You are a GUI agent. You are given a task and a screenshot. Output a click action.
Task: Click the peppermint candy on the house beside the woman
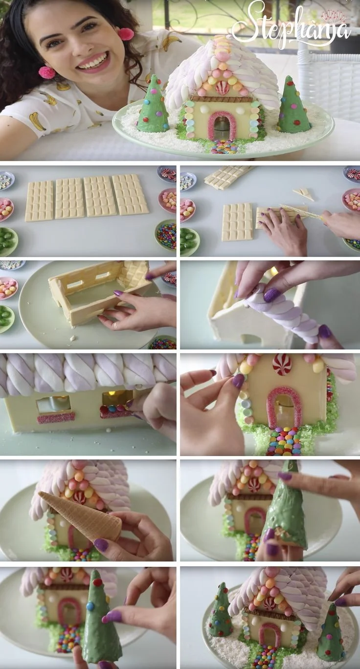[223, 88]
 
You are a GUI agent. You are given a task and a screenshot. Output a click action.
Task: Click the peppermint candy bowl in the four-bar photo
[168, 174]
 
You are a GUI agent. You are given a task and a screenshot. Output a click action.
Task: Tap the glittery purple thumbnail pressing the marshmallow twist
[271, 295]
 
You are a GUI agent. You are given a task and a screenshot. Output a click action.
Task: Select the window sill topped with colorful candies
[116, 411]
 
